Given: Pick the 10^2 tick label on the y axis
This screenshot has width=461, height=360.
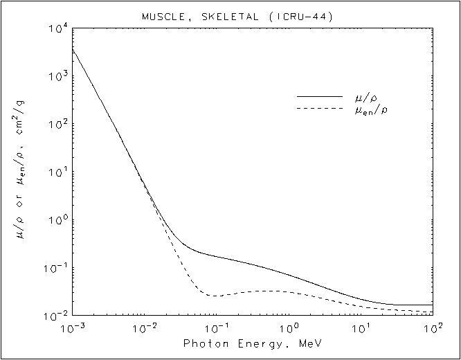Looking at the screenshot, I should coord(56,125).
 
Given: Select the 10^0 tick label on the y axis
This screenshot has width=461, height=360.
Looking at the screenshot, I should coord(56,221).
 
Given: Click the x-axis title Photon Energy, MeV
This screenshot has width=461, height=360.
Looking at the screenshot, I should coord(252,343).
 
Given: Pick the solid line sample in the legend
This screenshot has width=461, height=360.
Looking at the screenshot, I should coord(319,96).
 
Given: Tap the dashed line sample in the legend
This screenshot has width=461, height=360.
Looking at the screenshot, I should coord(319,109).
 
